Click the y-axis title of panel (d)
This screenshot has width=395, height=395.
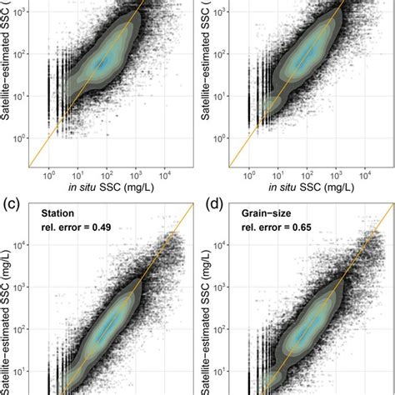pos(207,325)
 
